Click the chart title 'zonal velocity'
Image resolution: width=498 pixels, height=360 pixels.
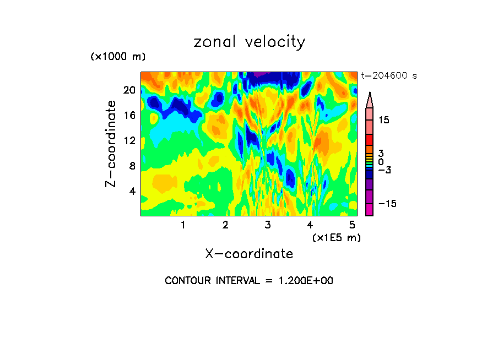(249, 42)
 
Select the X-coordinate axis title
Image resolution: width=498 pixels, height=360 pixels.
(249, 253)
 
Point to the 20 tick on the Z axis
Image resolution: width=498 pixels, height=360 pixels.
(129, 90)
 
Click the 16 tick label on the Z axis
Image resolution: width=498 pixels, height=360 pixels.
(129, 116)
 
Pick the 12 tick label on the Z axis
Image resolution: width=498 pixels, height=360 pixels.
(129, 141)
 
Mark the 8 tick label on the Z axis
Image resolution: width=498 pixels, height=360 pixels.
(132, 166)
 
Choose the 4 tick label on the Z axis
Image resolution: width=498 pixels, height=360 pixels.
(132, 192)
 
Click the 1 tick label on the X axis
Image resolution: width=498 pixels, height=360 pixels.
(183, 225)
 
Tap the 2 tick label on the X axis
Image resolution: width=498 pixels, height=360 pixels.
(225, 225)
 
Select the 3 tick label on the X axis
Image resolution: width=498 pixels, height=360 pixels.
(268, 225)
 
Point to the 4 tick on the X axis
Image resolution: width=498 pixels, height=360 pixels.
(310, 225)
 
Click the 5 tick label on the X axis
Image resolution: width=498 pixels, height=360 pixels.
(352, 225)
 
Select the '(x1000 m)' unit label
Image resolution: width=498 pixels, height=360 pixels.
(117, 57)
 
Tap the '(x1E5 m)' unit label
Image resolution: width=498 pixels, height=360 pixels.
(336, 237)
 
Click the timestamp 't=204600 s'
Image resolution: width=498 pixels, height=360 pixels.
(388, 76)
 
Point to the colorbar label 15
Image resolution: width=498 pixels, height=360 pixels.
(383, 120)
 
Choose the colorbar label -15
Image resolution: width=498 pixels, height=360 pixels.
(386, 204)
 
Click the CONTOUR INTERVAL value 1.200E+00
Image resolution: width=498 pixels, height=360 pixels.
(305, 281)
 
